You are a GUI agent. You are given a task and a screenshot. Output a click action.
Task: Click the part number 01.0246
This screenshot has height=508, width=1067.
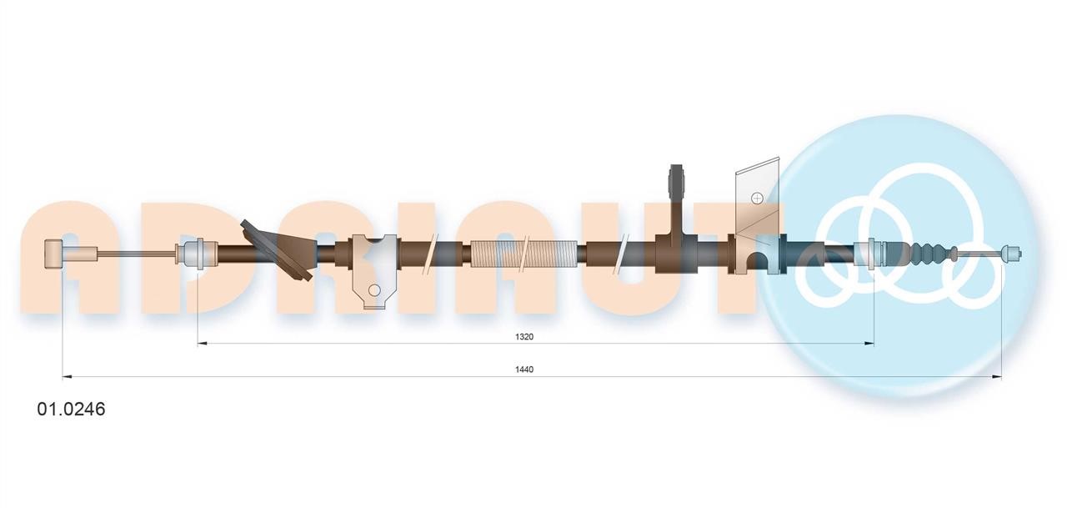coord(71,409)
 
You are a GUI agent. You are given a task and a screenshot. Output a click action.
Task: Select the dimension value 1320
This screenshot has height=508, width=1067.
coord(524,337)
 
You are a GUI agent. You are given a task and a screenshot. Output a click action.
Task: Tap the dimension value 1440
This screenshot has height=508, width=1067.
coord(524,370)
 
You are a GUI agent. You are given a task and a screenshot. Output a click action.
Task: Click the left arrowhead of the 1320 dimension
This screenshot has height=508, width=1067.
coord(202,343)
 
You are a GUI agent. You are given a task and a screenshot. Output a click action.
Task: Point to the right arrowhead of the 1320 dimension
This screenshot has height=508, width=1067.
coord(869,343)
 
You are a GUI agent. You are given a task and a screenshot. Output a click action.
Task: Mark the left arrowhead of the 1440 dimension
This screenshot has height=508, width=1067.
coord(68,377)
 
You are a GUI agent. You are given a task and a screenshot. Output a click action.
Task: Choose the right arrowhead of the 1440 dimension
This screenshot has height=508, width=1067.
coord(996,377)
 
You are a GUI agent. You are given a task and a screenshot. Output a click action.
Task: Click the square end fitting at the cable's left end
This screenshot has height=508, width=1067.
coord(53,253)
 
